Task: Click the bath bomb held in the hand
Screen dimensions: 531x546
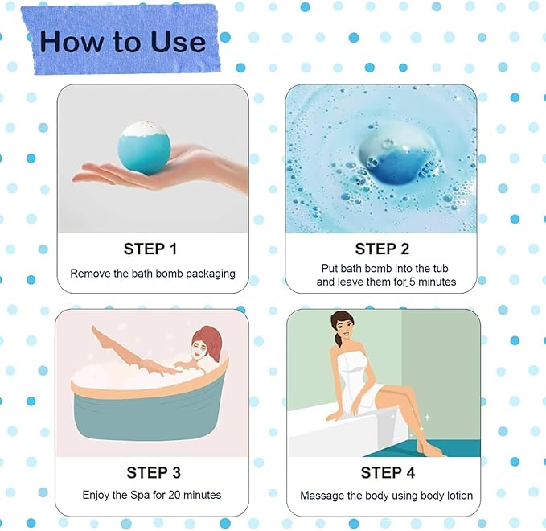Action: click(x=145, y=144)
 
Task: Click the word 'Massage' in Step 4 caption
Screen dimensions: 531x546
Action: click(x=322, y=496)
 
